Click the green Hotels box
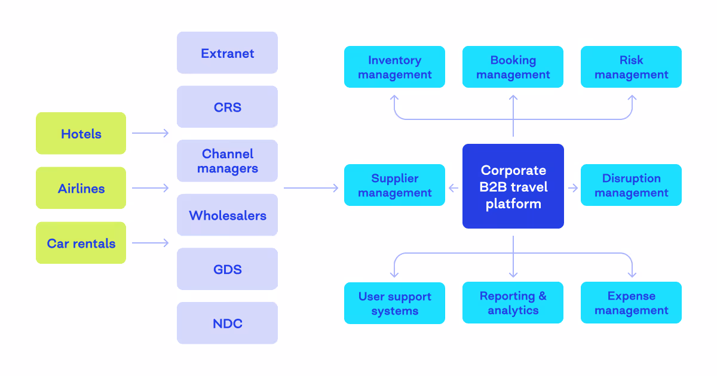tap(81, 134)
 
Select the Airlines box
tap(81, 188)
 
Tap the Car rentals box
tap(81, 243)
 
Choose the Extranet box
tap(227, 53)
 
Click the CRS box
tap(227, 107)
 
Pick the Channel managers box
tap(227, 161)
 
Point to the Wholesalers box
tap(227, 215)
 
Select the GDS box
tap(227, 269)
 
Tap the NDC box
tap(227, 323)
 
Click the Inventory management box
tap(394, 67)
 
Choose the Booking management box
tap(513, 67)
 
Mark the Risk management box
tap(631, 67)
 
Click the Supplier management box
tap(394, 185)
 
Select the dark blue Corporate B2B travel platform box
tap(513, 186)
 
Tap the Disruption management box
tap(631, 185)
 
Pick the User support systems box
tap(394, 303)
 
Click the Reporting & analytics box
tap(513, 303)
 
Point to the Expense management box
tap(631, 303)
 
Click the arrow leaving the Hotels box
tap(151, 134)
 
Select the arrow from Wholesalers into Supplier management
tap(311, 188)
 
